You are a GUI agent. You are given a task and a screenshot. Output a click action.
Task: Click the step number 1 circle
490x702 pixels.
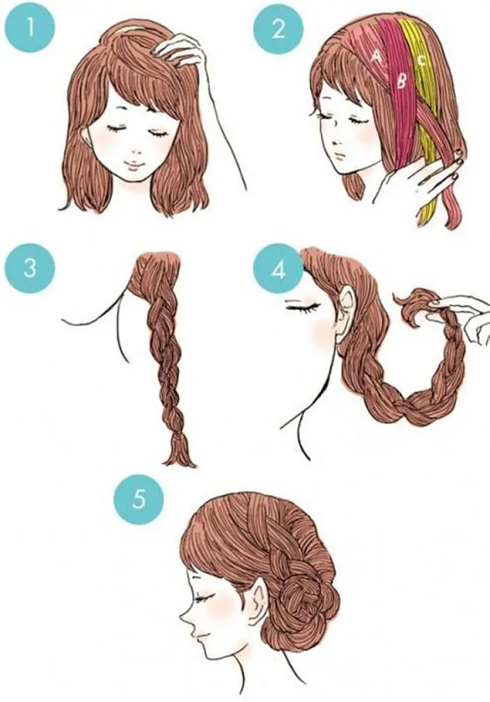(x=29, y=29)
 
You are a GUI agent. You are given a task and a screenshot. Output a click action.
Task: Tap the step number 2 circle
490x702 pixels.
(x=278, y=29)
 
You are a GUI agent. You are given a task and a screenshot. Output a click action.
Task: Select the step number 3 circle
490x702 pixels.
(x=29, y=269)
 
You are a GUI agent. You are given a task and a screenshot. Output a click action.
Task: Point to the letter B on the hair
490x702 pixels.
(x=401, y=81)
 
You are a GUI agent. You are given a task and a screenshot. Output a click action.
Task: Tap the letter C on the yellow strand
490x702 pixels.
(x=421, y=60)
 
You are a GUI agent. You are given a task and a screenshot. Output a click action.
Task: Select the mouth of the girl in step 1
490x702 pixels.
(x=133, y=164)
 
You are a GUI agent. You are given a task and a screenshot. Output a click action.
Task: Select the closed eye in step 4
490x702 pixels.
(x=303, y=306)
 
